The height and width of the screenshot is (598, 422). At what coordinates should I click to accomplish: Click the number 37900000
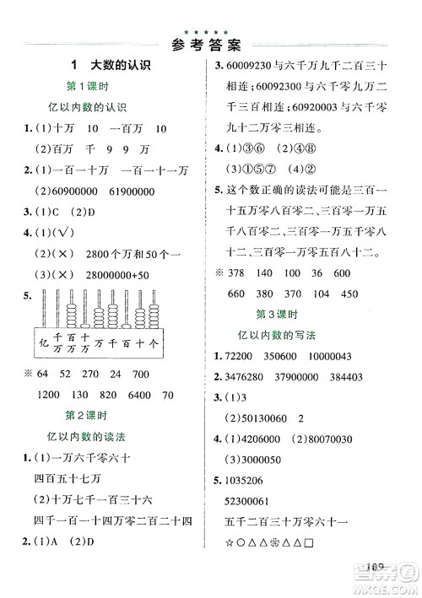[x=320, y=376]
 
